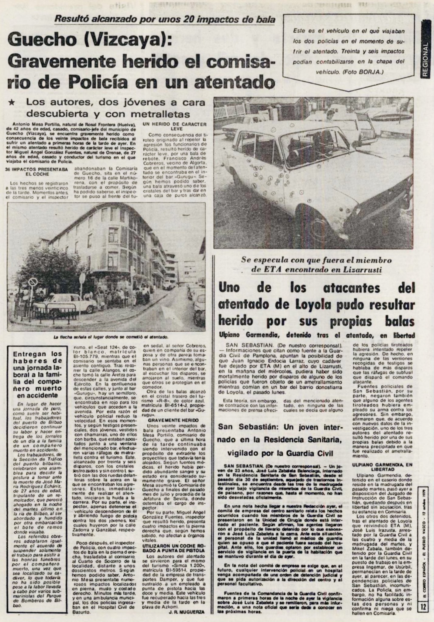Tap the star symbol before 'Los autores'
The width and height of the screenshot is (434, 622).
(x=12, y=103)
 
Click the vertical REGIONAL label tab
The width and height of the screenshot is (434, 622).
(x=425, y=60)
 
